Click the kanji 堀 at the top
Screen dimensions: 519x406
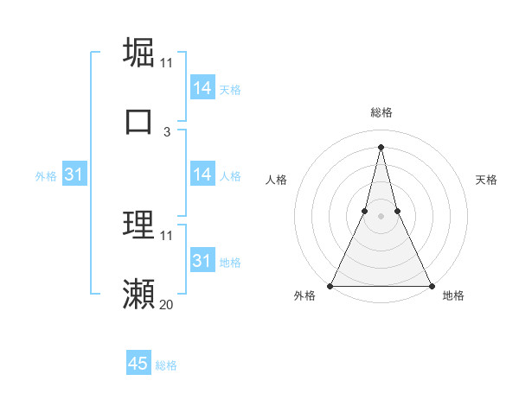[139, 52]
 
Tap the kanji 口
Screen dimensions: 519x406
[139, 121]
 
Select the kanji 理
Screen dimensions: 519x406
[139, 225]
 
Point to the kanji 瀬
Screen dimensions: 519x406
[139, 294]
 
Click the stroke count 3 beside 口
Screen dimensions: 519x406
[167, 131]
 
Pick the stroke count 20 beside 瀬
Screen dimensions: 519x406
[166, 304]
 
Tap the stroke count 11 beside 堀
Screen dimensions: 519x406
[166, 62]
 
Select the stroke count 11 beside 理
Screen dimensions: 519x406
[166, 235]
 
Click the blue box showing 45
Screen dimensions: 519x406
[138, 365]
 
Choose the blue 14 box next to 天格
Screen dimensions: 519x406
[202, 88]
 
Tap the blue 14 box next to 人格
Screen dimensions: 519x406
[202, 174]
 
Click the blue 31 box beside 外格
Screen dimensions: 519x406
[74, 174]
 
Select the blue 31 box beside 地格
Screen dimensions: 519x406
[202, 261]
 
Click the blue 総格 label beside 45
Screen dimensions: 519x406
[166, 365]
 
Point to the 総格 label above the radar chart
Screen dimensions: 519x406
[381, 112]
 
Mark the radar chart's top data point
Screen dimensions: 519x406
[381, 146]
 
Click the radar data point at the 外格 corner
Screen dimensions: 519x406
[330, 286]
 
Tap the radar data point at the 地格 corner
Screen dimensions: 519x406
[432, 286]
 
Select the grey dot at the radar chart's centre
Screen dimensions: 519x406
[381, 217]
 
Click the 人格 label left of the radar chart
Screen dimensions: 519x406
[276, 180]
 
